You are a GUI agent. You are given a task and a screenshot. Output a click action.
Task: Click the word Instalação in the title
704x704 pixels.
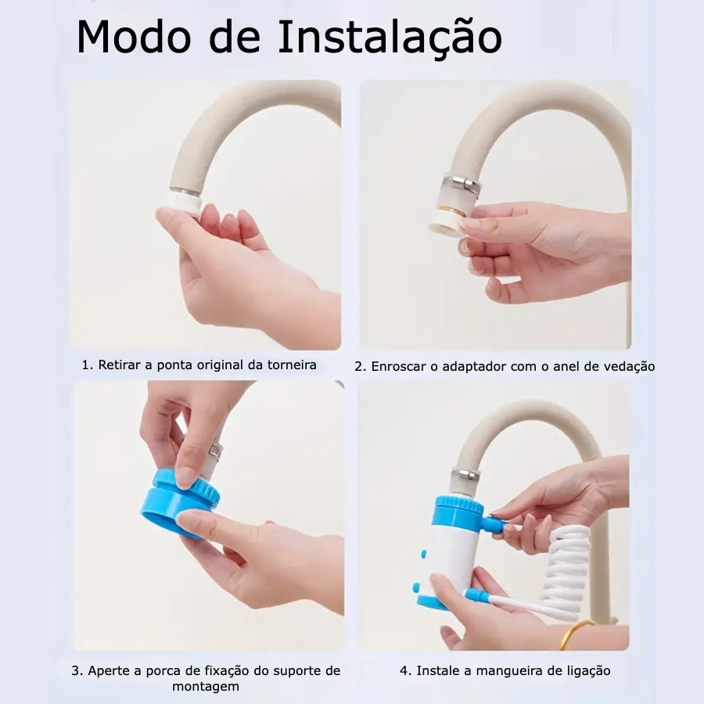coord(390,38)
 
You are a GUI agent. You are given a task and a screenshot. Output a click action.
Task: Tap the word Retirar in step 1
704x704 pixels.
coord(119,365)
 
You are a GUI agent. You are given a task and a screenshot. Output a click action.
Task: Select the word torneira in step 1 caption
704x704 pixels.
coord(292,365)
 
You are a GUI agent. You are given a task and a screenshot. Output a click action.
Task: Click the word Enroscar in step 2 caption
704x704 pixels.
coord(399,366)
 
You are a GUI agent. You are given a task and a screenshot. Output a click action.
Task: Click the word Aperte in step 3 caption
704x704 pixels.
coord(108,671)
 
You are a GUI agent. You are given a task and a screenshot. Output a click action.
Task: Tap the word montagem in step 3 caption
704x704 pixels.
coord(206,687)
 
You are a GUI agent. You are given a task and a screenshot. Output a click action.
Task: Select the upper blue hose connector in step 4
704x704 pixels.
coord(494,523)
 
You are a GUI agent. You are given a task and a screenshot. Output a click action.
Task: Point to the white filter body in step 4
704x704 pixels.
coord(451,557)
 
